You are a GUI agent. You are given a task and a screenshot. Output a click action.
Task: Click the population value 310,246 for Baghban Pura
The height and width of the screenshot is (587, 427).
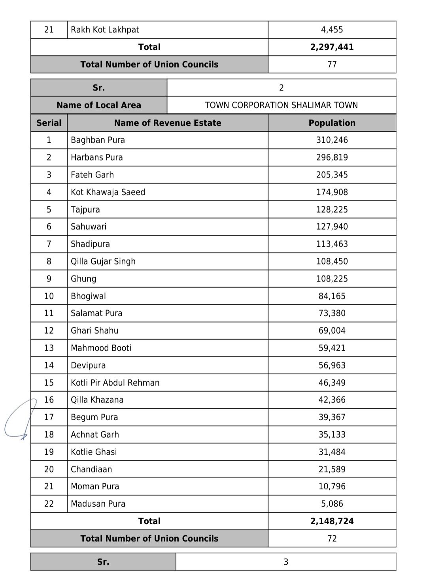click(332, 140)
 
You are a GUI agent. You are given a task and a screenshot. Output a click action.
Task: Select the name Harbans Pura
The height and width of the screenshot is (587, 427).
click(96, 157)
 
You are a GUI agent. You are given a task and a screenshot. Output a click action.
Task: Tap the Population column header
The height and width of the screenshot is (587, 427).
click(332, 123)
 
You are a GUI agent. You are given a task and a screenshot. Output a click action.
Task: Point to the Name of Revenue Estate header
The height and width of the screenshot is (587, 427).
click(167, 123)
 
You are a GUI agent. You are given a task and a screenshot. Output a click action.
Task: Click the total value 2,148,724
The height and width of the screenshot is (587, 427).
click(332, 521)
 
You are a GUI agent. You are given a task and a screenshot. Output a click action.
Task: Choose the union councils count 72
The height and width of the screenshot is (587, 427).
click(332, 538)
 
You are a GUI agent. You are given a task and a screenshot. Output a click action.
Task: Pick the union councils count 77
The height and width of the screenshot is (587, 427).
click(332, 64)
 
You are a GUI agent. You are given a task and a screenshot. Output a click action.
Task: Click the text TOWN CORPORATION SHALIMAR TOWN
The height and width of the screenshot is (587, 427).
click(281, 105)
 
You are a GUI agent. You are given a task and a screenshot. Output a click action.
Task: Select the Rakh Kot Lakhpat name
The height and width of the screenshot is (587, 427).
click(105, 30)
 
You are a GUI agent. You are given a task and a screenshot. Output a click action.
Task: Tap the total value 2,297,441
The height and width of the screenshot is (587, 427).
click(332, 47)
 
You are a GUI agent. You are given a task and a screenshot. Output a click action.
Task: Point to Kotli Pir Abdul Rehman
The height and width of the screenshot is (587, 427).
click(115, 383)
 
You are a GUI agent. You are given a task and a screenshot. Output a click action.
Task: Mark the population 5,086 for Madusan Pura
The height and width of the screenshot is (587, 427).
click(332, 504)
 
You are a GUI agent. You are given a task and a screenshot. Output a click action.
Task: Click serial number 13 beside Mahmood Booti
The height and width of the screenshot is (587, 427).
click(49, 348)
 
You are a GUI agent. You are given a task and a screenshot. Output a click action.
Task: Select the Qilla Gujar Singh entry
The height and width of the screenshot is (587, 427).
click(103, 261)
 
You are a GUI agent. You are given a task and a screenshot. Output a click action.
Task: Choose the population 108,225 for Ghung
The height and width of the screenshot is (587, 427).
click(332, 279)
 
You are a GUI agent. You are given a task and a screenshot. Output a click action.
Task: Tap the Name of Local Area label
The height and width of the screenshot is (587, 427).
click(98, 105)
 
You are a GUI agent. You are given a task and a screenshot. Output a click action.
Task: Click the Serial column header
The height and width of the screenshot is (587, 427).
click(49, 123)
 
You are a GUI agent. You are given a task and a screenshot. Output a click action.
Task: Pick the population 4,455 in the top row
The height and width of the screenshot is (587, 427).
click(332, 30)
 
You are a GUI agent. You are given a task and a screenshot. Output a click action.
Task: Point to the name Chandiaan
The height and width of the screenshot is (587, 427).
click(91, 469)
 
